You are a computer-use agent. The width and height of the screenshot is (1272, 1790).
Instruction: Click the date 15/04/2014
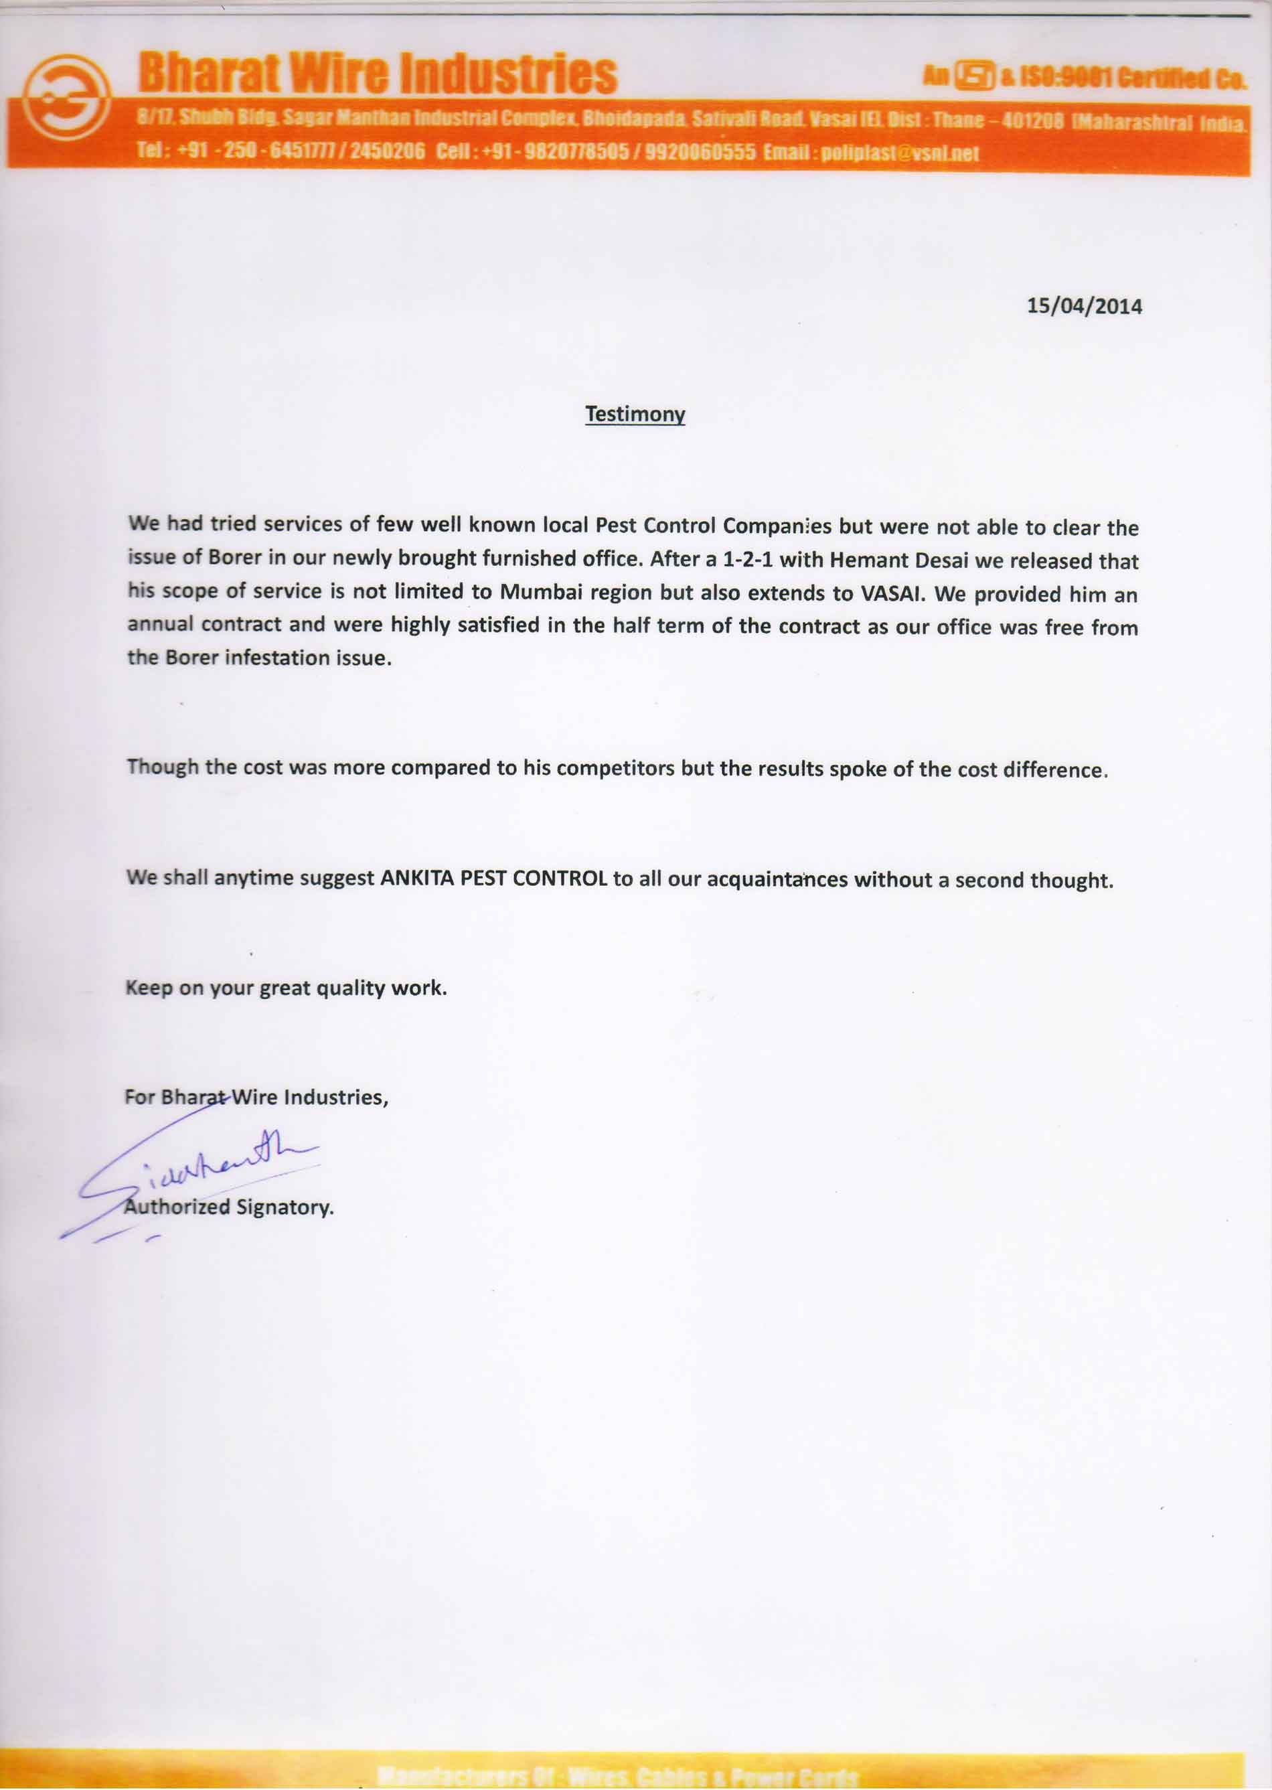click(1084, 305)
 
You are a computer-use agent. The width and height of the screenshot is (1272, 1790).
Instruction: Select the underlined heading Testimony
click(635, 414)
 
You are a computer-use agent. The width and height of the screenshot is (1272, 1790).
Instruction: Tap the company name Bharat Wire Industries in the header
click(378, 74)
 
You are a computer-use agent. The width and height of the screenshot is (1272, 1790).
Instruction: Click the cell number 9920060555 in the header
click(700, 151)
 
